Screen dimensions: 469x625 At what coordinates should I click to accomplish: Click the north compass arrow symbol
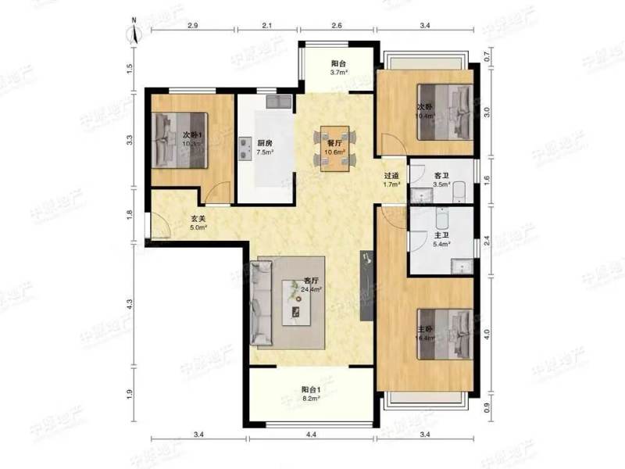[134, 34]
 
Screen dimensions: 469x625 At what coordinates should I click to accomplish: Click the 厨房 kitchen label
[265, 143]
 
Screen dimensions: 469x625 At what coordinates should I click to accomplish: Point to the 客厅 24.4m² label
[312, 283]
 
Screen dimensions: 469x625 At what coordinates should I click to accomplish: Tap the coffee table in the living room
[297, 306]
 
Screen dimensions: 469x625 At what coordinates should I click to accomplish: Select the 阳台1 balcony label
[312, 392]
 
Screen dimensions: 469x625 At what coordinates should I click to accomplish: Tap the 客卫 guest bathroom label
[441, 177]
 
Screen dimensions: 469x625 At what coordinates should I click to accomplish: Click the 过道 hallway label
[391, 177]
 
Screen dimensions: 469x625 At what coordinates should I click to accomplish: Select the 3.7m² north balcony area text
[338, 73]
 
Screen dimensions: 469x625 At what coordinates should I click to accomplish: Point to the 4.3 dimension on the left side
[130, 303]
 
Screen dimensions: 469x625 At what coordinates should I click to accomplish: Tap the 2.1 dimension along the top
[266, 27]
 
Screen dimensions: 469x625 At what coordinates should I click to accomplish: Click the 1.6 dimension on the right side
[487, 180]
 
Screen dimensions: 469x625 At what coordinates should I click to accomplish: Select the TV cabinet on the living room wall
[365, 289]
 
